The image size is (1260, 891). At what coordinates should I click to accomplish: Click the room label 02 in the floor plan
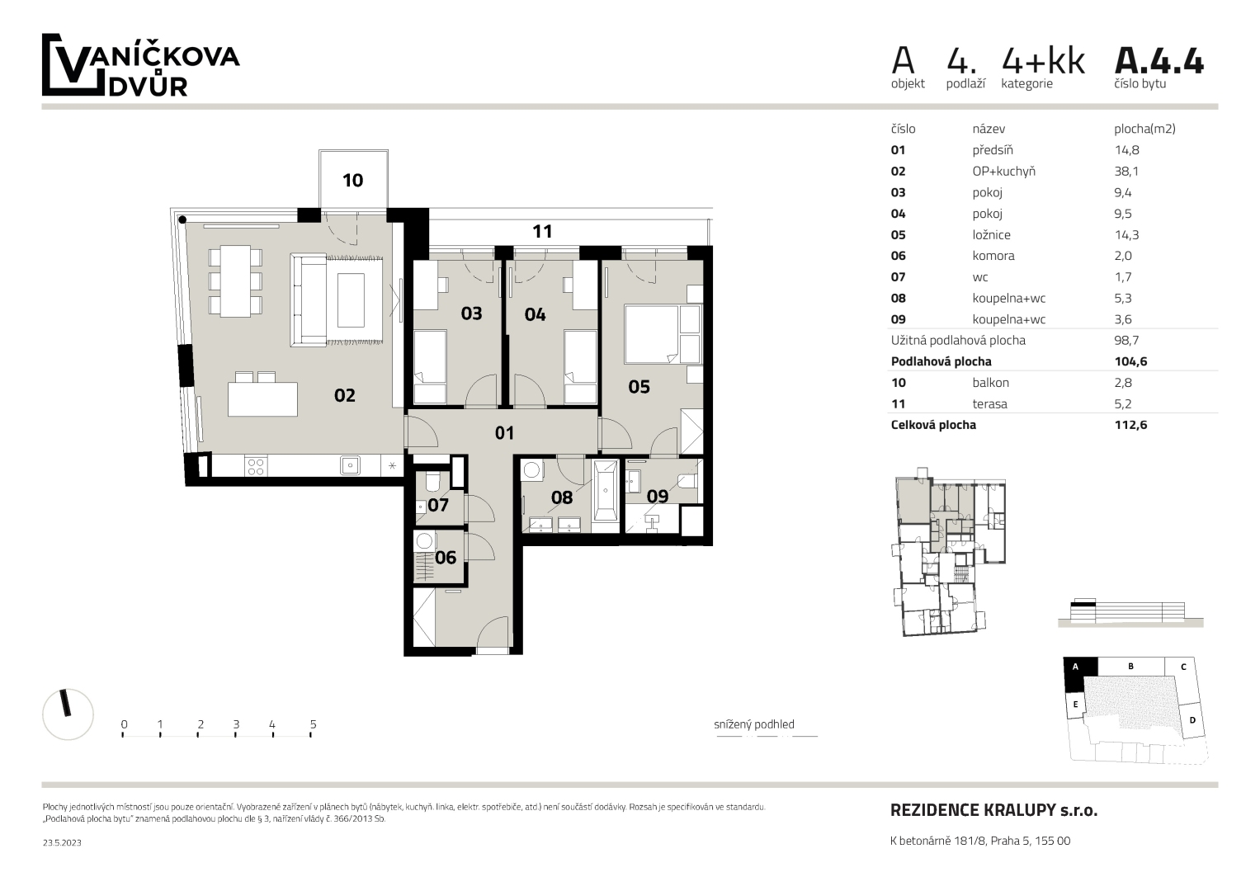pyautogui.click(x=345, y=395)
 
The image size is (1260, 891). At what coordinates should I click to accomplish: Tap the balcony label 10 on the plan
pyautogui.click(x=352, y=181)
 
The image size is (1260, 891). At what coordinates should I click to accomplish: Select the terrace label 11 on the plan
pyautogui.click(x=542, y=232)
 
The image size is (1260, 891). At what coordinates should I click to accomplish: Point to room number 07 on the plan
pyautogui.click(x=438, y=505)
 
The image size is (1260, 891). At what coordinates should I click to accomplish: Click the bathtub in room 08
pyautogui.click(x=606, y=491)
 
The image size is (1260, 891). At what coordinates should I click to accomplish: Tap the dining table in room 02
pyautogui.click(x=235, y=281)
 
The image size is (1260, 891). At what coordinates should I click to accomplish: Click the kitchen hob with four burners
pyautogui.click(x=256, y=466)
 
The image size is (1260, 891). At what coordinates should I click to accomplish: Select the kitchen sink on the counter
pyautogui.click(x=351, y=465)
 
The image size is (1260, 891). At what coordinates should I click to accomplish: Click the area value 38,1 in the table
pyautogui.click(x=1126, y=172)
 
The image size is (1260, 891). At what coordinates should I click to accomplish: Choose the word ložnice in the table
pyautogui.click(x=991, y=235)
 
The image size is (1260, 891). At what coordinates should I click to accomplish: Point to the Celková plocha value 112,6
pyautogui.click(x=1131, y=425)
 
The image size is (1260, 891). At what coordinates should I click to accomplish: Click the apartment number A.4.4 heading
pyautogui.click(x=1159, y=61)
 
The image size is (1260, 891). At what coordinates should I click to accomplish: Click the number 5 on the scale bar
pyautogui.click(x=314, y=724)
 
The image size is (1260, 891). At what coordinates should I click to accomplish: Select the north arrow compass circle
pyautogui.click(x=68, y=714)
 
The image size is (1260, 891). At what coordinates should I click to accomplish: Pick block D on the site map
pyautogui.click(x=1192, y=720)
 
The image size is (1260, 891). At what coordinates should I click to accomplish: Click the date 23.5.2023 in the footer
pyautogui.click(x=62, y=842)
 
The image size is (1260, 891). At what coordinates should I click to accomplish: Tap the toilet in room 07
pyautogui.click(x=433, y=482)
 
